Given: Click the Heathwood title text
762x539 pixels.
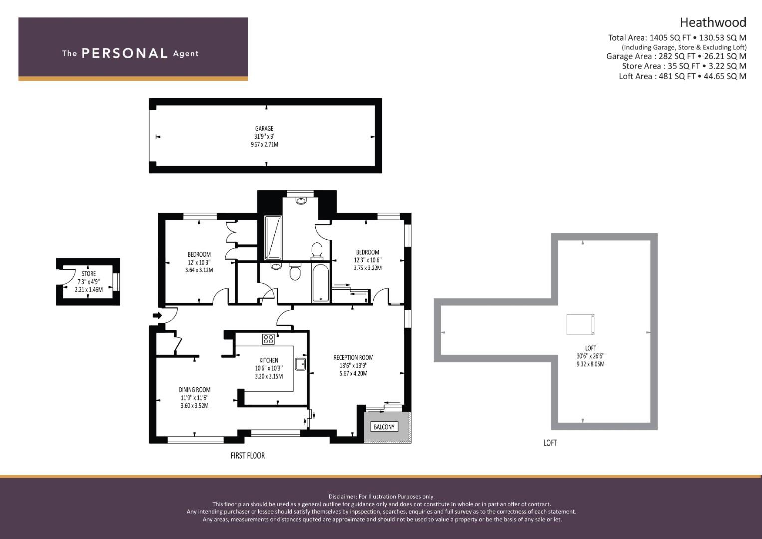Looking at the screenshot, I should [713, 22].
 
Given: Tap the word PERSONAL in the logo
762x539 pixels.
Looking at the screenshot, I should [124, 53].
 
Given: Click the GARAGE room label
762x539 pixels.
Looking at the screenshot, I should [264, 128].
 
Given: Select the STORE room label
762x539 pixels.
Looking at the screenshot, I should [89, 274].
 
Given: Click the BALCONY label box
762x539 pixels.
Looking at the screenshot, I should [384, 427].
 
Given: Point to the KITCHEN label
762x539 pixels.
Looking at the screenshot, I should [269, 360].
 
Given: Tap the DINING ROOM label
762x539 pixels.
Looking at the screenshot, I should [194, 390].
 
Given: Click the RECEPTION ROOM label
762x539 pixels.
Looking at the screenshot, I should [353, 357].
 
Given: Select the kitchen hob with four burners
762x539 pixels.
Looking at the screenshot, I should [268, 339].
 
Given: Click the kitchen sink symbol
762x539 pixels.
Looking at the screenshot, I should [300, 364].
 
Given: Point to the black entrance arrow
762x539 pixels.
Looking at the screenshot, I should [157, 315].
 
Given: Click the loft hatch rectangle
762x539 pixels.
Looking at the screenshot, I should [580, 324].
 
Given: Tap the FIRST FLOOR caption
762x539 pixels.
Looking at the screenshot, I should [248, 455].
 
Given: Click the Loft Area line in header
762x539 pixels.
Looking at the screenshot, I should [682, 76].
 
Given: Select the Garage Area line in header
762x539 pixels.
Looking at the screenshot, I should [676, 56].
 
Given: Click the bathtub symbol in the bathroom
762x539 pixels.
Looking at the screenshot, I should [320, 283].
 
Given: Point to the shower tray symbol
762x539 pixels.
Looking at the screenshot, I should [273, 238].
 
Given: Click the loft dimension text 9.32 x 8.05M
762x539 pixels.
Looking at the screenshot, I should [590, 364].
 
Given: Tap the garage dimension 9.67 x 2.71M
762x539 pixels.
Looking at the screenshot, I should [264, 145].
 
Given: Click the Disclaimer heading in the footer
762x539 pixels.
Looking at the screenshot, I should [381, 496].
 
